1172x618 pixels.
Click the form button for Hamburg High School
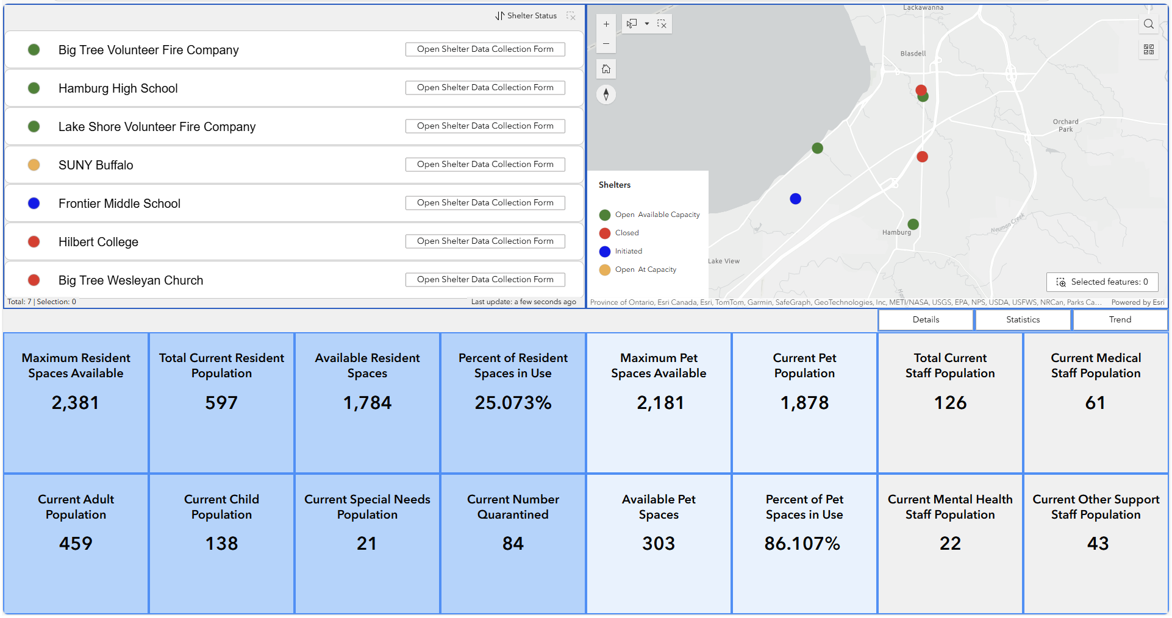point(485,88)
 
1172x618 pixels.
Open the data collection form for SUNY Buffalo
point(485,165)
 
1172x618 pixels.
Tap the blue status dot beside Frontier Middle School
point(34,204)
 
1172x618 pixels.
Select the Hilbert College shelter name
point(98,242)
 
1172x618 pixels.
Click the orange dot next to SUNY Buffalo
point(34,165)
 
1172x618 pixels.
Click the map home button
point(606,69)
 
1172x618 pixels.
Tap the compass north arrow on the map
point(606,94)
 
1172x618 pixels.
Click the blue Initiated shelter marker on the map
point(795,199)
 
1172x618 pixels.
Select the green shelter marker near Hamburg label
point(913,224)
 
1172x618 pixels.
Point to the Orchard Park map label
point(1065,126)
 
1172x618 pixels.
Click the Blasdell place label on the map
point(913,54)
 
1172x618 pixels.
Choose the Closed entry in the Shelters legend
point(626,233)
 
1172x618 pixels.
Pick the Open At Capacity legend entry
point(645,269)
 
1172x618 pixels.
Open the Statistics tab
point(1023,319)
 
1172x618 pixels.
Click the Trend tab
point(1120,319)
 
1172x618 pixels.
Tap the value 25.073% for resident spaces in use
point(513,403)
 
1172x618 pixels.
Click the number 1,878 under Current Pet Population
point(804,403)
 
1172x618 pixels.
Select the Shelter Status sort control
point(526,16)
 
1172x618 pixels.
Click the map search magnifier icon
point(1148,24)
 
